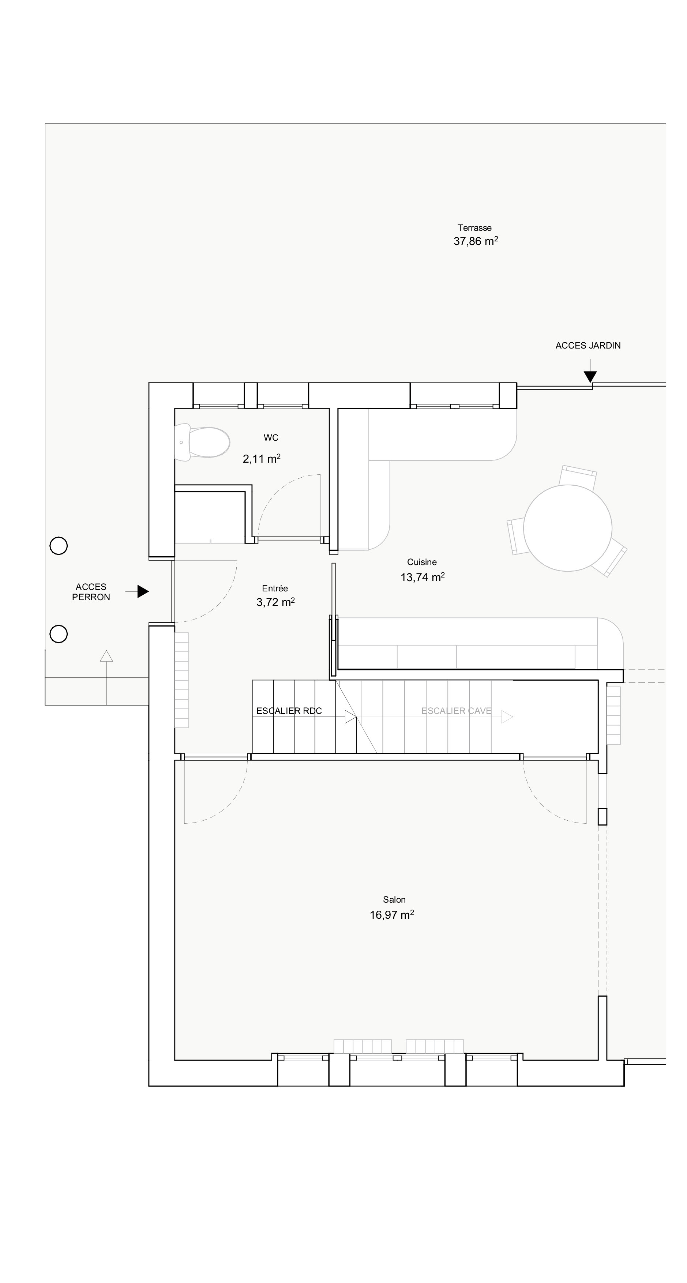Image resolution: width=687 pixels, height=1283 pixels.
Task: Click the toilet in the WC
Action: (x=202, y=442)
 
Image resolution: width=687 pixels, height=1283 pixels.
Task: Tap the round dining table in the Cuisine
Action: (x=567, y=528)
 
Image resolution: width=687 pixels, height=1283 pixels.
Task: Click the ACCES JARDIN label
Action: (x=588, y=346)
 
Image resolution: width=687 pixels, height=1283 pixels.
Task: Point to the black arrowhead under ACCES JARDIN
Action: (x=590, y=377)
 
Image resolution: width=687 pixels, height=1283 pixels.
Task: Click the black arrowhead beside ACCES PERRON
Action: (x=143, y=591)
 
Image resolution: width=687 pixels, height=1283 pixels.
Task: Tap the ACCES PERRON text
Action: (x=91, y=592)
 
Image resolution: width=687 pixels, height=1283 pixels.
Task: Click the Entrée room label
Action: (x=275, y=588)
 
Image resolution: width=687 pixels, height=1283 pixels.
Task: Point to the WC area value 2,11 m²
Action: (x=262, y=459)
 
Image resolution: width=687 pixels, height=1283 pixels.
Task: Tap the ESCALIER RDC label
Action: (x=289, y=711)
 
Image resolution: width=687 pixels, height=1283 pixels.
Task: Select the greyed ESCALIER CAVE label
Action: (x=456, y=711)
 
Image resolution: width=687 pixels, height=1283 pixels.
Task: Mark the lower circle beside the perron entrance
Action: (x=59, y=634)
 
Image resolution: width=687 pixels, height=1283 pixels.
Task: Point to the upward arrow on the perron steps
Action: (x=106, y=677)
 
